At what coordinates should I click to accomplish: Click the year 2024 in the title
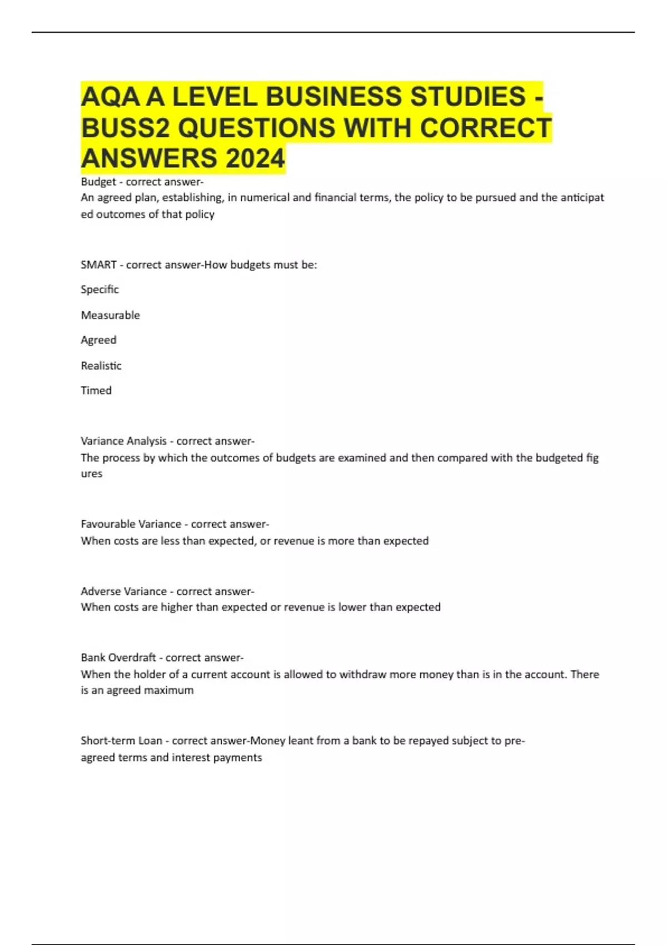[x=255, y=158]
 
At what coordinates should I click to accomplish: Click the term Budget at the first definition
[x=98, y=182]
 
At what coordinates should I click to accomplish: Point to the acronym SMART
[x=98, y=265]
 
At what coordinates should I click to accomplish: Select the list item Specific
[x=99, y=290]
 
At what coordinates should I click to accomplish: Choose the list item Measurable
[x=110, y=315]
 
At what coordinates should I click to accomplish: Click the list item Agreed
[x=98, y=340]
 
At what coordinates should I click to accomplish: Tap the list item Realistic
[x=101, y=366]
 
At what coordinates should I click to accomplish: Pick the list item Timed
[x=96, y=390]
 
